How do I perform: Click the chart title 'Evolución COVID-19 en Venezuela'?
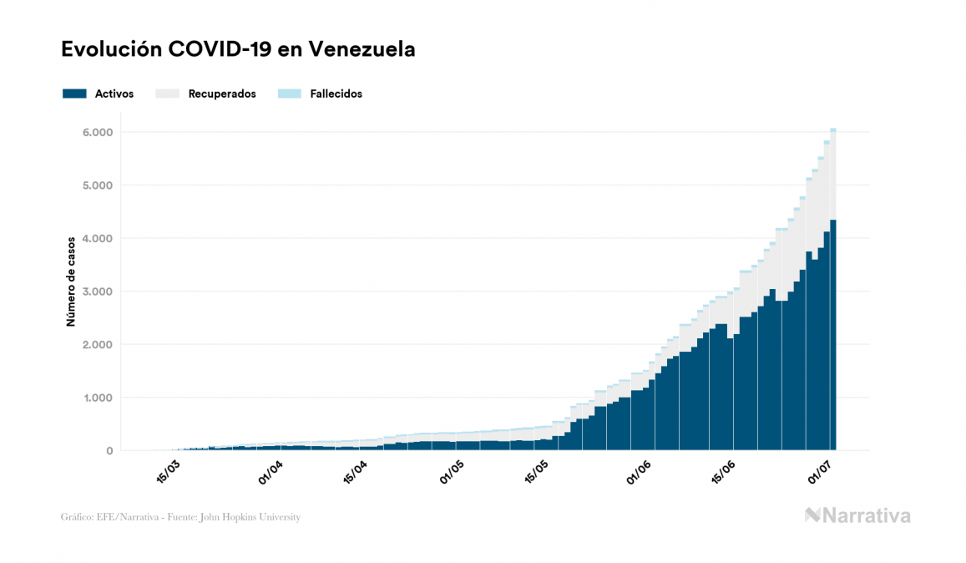pyautogui.click(x=238, y=50)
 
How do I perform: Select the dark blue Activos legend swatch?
pyautogui.click(x=74, y=94)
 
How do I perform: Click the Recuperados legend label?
pyautogui.click(x=222, y=94)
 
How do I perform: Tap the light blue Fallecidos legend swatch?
pyautogui.click(x=289, y=94)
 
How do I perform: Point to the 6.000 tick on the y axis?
pyautogui.click(x=98, y=133)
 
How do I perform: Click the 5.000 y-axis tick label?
pyautogui.click(x=98, y=185)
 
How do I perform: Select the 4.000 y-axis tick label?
pyautogui.click(x=98, y=239)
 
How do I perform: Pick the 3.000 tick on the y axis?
pyautogui.click(x=98, y=292)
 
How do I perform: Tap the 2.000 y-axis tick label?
pyautogui.click(x=98, y=345)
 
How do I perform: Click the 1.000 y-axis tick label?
pyautogui.click(x=98, y=398)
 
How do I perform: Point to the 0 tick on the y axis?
pyautogui.click(x=109, y=451)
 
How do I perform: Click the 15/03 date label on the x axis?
pyautogui.click(x=169, y=471)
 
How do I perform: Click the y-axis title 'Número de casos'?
pyautogui.click(x=72, y=281)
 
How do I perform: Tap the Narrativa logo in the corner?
pyautogui.click(x=857, y=515)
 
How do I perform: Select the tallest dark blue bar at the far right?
pyautogui.click(x=832, y=334)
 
